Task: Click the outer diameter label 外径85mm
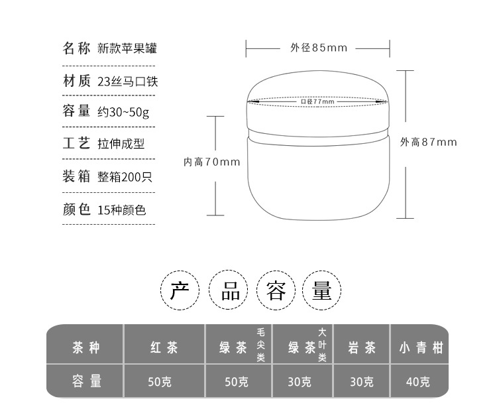318,48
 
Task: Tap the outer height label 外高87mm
429,142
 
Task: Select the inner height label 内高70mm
212,162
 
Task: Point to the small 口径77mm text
317,101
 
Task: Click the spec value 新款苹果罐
127,48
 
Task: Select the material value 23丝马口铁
127,82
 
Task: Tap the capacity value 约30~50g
123,111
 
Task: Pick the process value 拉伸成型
121,143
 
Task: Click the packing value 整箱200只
125,176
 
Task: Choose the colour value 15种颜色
121,210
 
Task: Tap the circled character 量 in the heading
321,291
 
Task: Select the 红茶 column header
164,347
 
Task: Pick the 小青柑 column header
419,347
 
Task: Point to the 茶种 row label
86,347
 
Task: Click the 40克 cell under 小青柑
419,382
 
